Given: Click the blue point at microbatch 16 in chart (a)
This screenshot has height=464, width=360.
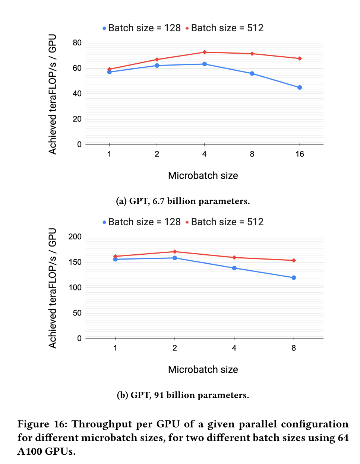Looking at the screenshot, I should click(300, 88).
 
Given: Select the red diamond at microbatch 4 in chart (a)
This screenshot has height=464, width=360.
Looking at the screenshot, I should click(205, 52).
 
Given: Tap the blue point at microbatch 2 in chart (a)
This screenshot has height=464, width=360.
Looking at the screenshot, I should click(157, 66).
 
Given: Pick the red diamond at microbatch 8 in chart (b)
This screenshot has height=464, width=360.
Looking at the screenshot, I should click(294, 260).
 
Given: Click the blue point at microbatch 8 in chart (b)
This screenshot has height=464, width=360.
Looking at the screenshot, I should click(294, 278).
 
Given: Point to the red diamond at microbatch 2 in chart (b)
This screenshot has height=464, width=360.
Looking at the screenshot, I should click(175, 252).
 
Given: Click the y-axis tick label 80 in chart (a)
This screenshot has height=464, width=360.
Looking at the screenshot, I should click(77, 43).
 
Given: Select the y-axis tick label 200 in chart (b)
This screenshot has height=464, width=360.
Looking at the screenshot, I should click(75, 237).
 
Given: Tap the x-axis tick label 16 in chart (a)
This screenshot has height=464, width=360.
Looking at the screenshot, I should click(300, 154).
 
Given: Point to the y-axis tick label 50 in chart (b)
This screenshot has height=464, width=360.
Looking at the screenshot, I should click(77, 313).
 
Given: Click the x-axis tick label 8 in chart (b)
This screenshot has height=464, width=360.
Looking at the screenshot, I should click(294, 348).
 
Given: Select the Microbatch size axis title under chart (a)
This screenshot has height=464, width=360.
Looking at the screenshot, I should click(203, 176).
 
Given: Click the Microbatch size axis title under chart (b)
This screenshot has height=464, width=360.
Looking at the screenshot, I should click(203, 370).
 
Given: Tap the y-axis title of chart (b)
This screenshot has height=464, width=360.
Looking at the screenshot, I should click(53, 288).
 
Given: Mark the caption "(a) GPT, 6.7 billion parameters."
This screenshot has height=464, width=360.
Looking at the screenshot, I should click(183, 201).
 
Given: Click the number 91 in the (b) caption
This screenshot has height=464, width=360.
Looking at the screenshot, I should click(159, 395).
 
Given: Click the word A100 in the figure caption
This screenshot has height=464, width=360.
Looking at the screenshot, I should click(30, 451).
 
